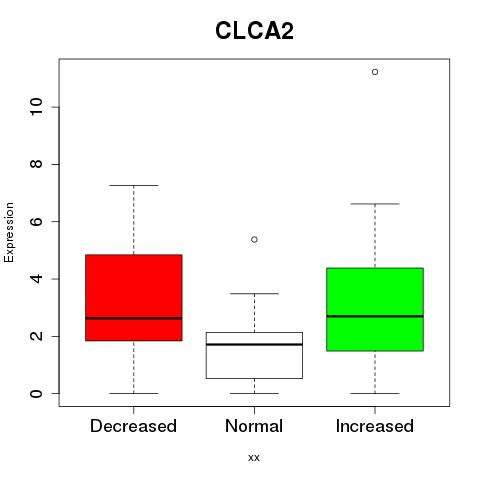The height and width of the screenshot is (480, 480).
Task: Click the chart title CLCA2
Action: [x=254, y=31]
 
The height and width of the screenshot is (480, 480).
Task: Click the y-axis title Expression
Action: [x=9, y=232]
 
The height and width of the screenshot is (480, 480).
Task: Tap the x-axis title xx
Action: [x=254, y=457]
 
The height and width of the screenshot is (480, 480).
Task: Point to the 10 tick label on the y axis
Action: [x=37, y=107]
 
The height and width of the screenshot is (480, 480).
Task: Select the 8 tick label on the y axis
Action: [x=37, y=164]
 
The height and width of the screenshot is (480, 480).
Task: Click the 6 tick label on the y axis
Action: [x=37, y=221]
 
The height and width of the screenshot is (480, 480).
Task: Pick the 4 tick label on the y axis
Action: [x=37, y=279]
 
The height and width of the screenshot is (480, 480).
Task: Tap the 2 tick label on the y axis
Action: [x=37, y=336]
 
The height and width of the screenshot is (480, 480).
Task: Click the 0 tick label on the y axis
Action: [x=37, y=393]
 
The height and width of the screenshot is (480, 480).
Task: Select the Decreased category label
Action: [x=133, y=426]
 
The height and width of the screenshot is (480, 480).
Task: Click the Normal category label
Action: [x=254, y=426]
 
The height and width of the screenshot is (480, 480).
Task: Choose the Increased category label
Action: [x=375, y=426]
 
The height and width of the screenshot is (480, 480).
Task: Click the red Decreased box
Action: [x=134, y=298]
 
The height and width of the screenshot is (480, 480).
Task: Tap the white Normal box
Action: [x=254, y=355]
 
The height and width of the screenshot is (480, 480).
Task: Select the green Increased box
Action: [x=375, y=309]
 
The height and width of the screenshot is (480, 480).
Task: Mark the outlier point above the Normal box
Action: [x=254, y=239]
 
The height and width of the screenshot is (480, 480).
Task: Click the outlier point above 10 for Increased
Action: [x=375, y=72]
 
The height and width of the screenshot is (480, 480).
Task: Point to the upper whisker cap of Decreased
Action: [x=134, y=185]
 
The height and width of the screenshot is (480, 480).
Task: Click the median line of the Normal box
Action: [x=254, y=344]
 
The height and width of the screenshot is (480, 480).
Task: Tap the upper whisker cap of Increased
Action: [x=375, y=204]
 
